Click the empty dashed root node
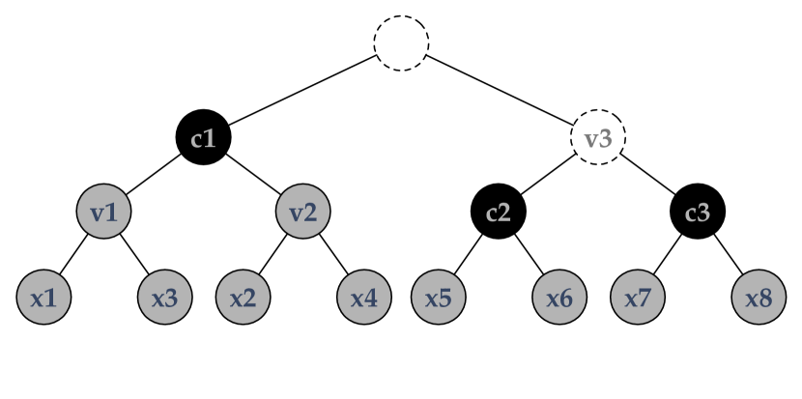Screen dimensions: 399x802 click(401, 43)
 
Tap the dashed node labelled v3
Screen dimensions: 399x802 click(599, 137)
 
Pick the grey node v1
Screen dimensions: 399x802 click(104, 211)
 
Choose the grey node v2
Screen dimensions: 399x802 click(303, 211)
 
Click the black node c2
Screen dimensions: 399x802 click(499, 211)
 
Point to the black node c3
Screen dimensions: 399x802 click(698, 211)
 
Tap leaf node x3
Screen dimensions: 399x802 click(164, 297)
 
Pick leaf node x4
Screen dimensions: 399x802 click(363, 297)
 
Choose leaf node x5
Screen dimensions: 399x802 click(440, 297)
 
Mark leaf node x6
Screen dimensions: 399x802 click(559, 297)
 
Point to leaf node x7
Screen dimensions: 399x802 click(639, 297)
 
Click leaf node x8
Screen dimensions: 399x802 click(759, 297)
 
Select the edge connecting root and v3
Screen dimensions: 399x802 click(500, 91)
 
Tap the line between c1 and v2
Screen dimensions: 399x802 click(254, 174)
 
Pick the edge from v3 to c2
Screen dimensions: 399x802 click(549, 174)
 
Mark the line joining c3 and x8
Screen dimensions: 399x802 click(728, 253)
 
